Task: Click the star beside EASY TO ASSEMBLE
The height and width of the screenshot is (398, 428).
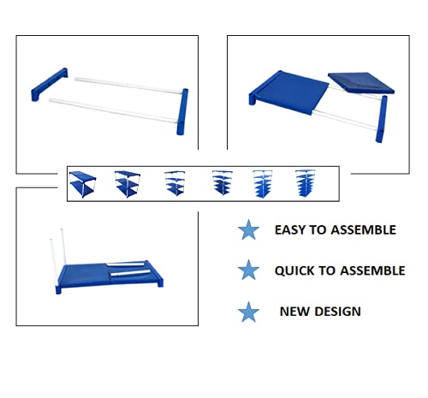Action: coord(248,230)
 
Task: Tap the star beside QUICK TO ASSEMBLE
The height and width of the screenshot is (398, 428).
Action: coord(248,270)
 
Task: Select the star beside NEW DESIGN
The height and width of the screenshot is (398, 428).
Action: coord(248,312)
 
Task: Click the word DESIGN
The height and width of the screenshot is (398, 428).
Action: coord(337,312)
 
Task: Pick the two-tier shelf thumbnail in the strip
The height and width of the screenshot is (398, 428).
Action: coord(82,184)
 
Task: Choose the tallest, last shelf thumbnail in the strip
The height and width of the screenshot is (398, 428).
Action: coord(306,183)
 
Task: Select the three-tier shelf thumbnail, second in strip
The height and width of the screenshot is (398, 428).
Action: coord(128,184)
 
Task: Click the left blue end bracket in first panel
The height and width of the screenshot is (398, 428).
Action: coord(50,85)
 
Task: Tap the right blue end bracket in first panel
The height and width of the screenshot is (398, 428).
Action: coord(182,111)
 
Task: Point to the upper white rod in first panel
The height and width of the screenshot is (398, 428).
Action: coord(128,86)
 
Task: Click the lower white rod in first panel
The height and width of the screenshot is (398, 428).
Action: coord(114,111)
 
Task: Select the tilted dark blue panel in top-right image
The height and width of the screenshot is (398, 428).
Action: coord(361,82)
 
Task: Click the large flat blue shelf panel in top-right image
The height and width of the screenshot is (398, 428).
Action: coord(289,92)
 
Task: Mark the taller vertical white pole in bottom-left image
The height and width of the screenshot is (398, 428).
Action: coord(63,247)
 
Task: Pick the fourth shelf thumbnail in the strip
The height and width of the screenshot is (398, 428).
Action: coord(223,182)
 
